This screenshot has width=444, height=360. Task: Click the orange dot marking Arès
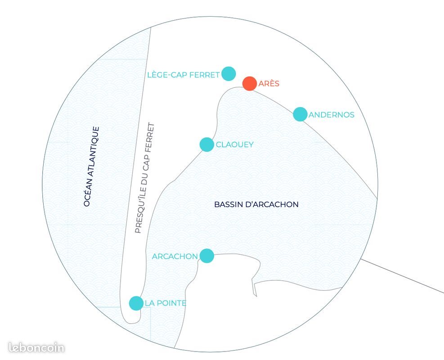tap(250, 84)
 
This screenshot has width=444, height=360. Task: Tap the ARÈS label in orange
tap(269, 84)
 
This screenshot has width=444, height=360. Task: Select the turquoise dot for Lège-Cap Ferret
tap(229, 74)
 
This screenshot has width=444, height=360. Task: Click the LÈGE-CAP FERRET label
tap(184, 75)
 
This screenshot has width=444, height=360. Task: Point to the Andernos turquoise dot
tap(300, 114)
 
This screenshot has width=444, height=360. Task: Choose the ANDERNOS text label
tap(331, 115)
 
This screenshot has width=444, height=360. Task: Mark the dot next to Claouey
tap(207, 145)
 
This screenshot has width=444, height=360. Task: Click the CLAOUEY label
tap(234, 144)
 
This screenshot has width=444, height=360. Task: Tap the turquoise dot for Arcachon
tap(207, 256)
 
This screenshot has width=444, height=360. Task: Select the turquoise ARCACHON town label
tap(175, 256)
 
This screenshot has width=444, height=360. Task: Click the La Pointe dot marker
tap(136, 303)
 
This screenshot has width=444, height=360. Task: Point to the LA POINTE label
tap(166, 303)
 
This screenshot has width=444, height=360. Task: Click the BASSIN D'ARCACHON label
tap(256, 204)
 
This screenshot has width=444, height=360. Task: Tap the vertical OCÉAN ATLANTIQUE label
tap(92, 166)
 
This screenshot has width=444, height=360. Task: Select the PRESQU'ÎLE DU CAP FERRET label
tap(145, 178)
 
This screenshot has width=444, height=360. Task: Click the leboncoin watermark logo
tap(36, 347)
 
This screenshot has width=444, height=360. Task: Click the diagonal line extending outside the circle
tap(402, 275)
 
